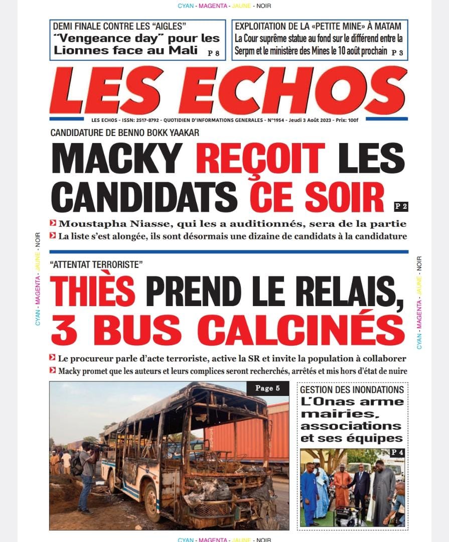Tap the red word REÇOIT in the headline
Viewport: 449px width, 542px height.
[x=260, y=158]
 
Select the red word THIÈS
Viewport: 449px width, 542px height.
[x=93, y=292]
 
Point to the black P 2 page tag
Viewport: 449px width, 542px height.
[x=401, y=205]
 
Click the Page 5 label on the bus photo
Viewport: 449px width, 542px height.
[x=267, y=388]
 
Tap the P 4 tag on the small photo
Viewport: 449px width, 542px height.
[x=397, y=453]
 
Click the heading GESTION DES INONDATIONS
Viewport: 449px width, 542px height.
[x=352, y=389]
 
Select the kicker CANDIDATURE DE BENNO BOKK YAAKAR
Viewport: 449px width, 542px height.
[x=125, y=133]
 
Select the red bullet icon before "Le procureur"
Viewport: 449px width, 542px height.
[x=53, y=358]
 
